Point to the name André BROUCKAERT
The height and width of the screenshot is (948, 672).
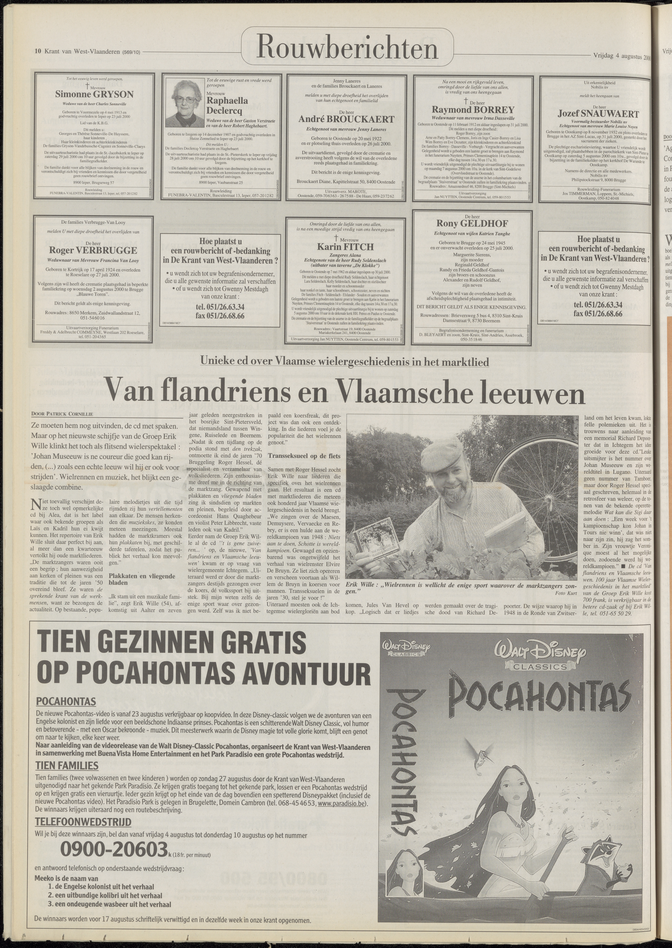(346, 119)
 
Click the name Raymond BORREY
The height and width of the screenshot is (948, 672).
(473, 110)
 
